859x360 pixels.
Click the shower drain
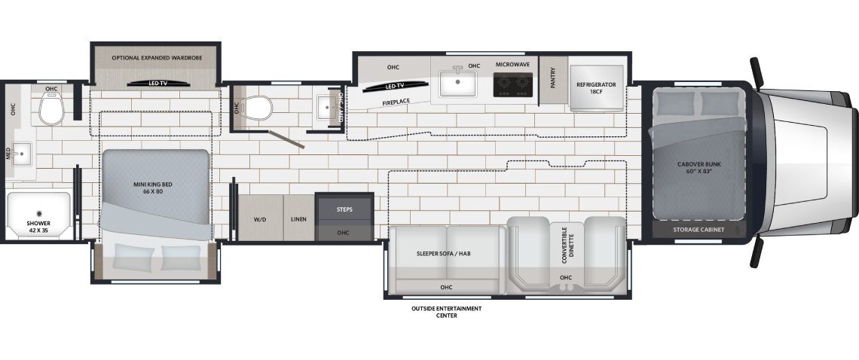click(39, 214)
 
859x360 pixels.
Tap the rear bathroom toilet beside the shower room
click(51, 108)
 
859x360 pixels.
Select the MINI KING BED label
click(153, 188)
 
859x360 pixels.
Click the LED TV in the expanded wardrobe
click(157, 84)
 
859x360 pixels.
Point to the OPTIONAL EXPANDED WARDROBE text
click(157, 57)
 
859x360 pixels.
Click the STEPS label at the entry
click(344, 209)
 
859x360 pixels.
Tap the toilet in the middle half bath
click(258, 108)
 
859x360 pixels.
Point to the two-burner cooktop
click(513, 84)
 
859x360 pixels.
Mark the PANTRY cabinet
click(553, 81)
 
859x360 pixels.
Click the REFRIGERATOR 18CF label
click(596, 88)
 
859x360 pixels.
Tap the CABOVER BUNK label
click(699, 168)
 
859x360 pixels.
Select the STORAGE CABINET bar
click(699, 230)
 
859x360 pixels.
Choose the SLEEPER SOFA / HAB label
click(444, 254)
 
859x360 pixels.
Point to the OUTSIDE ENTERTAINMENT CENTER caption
click(447, 312)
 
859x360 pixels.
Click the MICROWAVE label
click(513, 65)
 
